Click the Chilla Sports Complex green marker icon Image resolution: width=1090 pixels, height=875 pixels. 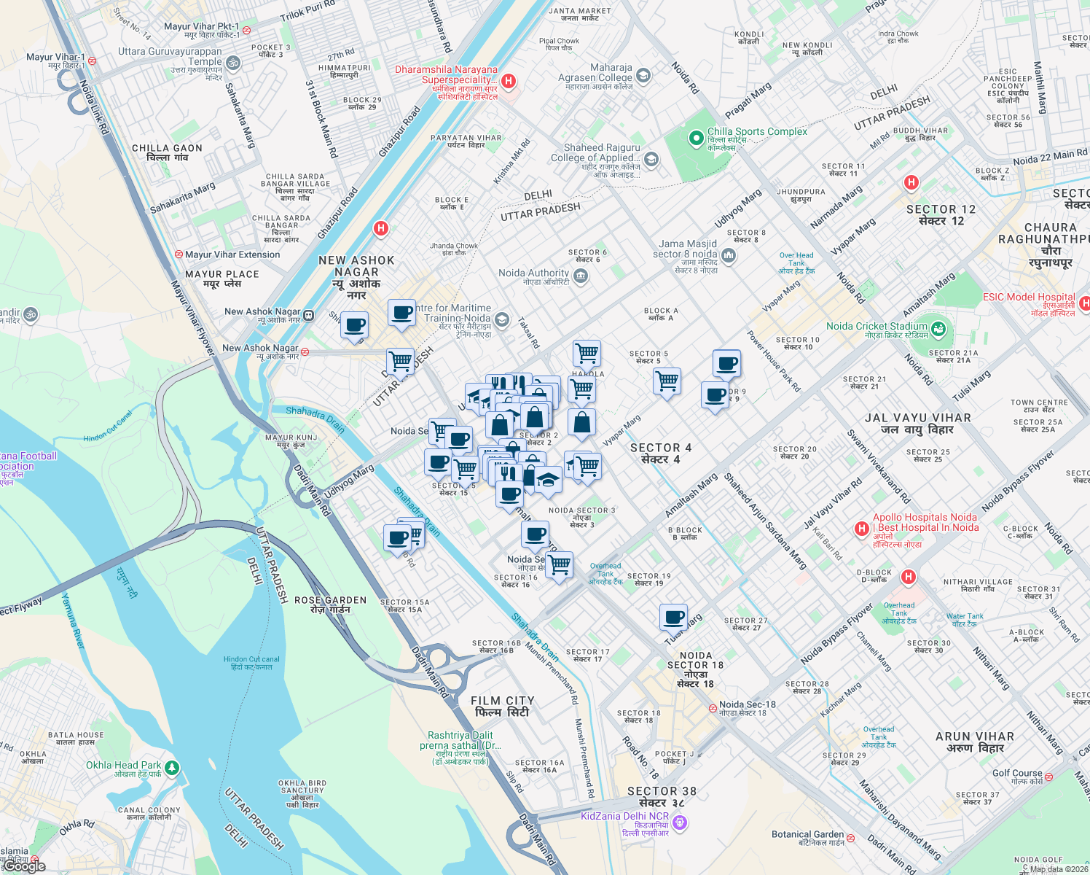697,137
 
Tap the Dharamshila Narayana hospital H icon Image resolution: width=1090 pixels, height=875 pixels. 509,81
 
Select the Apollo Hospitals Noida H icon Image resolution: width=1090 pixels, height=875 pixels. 862,528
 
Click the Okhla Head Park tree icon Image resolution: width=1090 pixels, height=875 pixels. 171,767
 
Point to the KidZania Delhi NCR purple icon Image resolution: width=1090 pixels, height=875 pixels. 680,822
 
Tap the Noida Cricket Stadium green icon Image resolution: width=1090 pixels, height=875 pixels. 938,330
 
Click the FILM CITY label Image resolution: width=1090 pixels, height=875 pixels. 503,706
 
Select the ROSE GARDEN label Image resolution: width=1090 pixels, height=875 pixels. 330,604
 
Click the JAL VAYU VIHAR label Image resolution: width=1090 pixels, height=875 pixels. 917,423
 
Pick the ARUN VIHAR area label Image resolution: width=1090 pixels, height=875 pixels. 974,742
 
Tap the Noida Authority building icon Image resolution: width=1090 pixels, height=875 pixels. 581,276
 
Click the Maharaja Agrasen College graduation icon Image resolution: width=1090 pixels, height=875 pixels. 643,75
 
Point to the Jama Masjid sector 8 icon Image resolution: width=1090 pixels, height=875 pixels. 729,255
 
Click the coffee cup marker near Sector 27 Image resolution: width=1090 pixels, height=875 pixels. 674,618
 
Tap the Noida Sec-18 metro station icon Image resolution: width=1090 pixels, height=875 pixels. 713,708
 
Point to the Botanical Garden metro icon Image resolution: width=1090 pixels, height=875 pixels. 850,836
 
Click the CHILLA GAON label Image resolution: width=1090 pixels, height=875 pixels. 167,152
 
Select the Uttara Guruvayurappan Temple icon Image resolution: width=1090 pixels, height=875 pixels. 233,63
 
